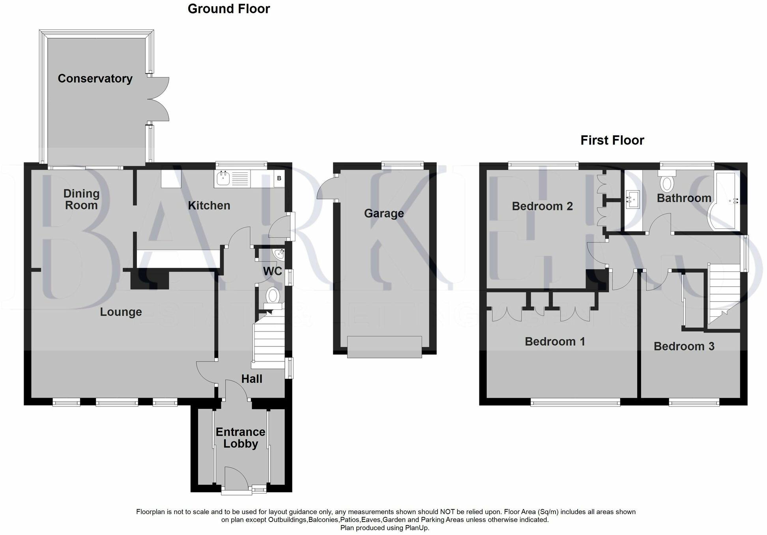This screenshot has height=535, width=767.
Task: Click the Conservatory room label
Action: coord(95,79)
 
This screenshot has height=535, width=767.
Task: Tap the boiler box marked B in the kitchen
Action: coord(279,178)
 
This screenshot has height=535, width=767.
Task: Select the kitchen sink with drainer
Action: coord(232,179)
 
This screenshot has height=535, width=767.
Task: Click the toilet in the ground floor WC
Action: coord(273,297)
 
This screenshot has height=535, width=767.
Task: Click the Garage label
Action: coord(384,213)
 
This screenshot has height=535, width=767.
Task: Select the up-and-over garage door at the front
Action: coord(384,347)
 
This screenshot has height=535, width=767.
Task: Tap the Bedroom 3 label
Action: coord(684,346)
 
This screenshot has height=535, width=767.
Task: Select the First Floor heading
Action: coord(612,140)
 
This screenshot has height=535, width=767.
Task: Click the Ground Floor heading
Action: coord(228,9)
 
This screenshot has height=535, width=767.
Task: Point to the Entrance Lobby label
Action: coord(240,438)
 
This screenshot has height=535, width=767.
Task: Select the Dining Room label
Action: coord(81,199)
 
